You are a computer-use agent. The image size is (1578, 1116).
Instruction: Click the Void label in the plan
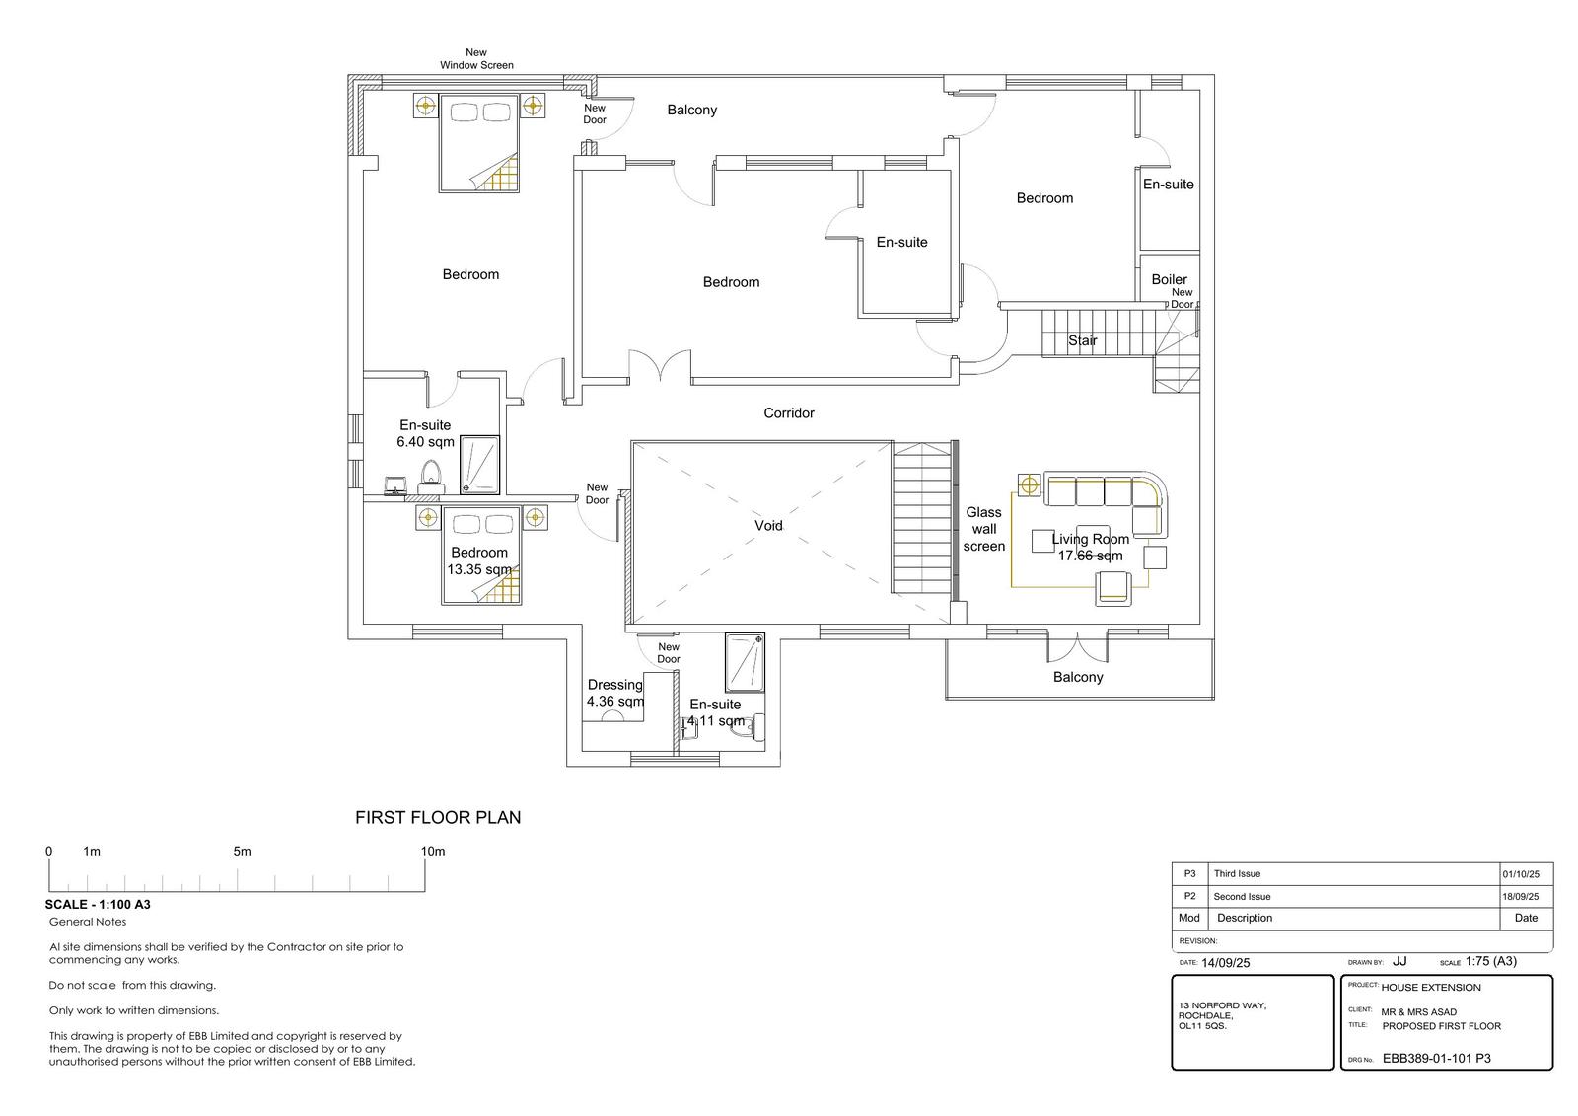tap(768, 526)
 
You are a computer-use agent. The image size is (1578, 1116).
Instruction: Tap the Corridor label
tap(789, 413)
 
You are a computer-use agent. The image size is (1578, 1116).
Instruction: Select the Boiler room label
tap(1170, 280)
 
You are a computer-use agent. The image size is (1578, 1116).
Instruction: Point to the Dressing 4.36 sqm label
tap(615, 693)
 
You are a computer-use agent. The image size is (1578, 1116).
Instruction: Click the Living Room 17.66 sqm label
tap(1091, 547)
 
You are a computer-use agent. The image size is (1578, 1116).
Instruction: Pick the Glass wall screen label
tap(984, 530)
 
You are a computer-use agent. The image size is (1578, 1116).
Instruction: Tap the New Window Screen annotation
tap(477, 58)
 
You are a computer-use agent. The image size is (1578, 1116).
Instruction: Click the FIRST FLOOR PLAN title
tap(438, 818)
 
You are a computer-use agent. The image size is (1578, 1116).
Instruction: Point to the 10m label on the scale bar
tap(433, 852)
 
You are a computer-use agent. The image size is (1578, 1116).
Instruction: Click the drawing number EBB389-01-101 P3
tap(1436, 1058)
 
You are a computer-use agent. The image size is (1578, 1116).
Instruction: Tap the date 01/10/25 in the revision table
tap(1521, 874)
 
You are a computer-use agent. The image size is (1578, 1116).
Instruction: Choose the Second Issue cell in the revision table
tap(1242, 897)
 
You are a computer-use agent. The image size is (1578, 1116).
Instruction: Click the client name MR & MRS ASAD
tap(1419, 1012)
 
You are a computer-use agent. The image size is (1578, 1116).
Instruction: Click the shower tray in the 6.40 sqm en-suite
tap(479, 465)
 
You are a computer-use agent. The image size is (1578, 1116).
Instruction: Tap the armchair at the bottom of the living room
tap(1113, 588)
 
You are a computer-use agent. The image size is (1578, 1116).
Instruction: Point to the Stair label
tap(1083, 341)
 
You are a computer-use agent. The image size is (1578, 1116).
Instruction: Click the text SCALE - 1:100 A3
tap(98, 905)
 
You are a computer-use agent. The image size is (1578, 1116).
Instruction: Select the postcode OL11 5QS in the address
tap(1202, 1026)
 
